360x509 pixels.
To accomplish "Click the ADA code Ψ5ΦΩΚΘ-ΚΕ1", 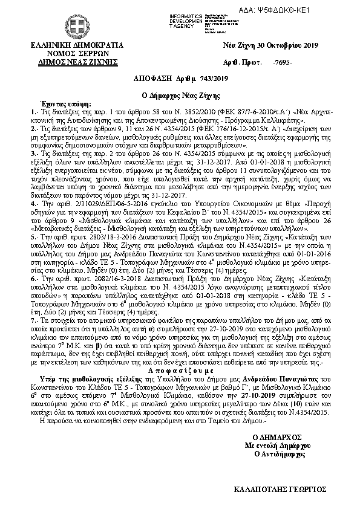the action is coord(324,10).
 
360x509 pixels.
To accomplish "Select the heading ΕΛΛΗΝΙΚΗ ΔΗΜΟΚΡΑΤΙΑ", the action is coord(76,45).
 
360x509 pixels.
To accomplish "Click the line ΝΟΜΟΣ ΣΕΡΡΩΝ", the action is coord(76,53).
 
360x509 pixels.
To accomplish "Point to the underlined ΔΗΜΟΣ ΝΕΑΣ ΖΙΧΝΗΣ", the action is coord(76,62).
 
